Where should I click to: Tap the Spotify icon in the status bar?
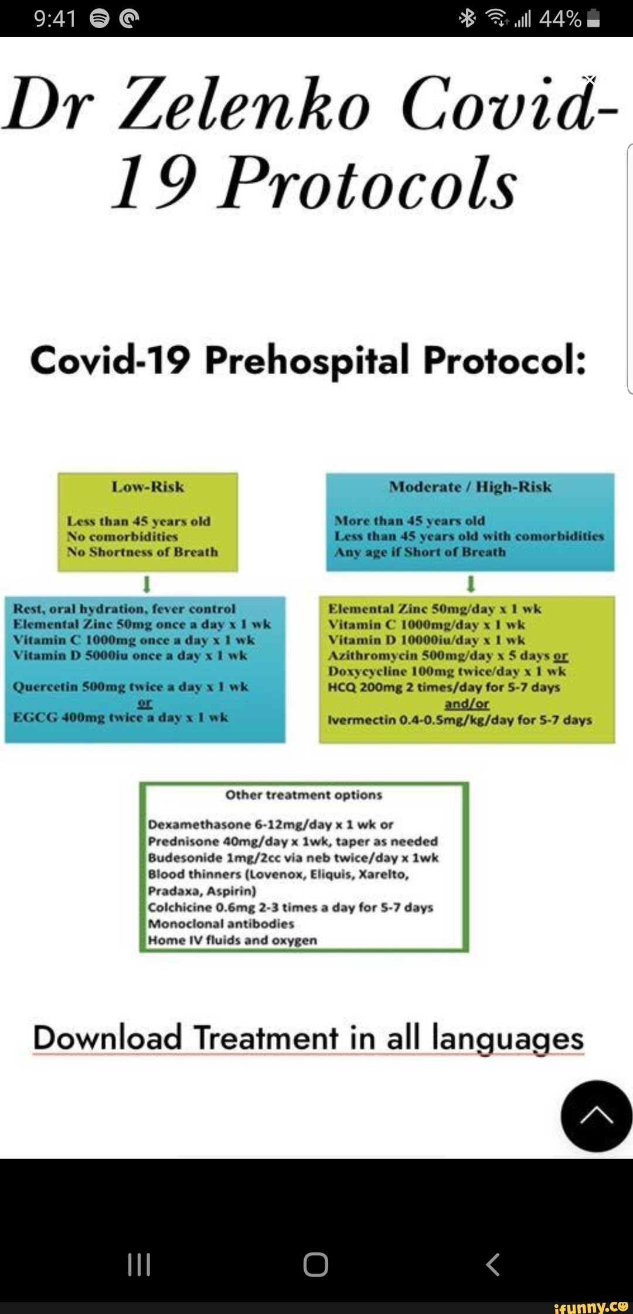(99, 19)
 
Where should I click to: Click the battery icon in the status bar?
(593, 19)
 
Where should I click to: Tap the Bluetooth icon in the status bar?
(467, 19)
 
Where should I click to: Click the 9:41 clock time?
(55, 19)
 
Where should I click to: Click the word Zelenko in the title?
(246, 103)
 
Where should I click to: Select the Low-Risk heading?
(148, 487)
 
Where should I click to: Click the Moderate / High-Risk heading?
(470, 487)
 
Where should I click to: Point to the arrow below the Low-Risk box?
(148, 584)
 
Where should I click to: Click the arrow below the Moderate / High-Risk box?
(470, 584)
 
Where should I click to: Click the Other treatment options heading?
(304, 795)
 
